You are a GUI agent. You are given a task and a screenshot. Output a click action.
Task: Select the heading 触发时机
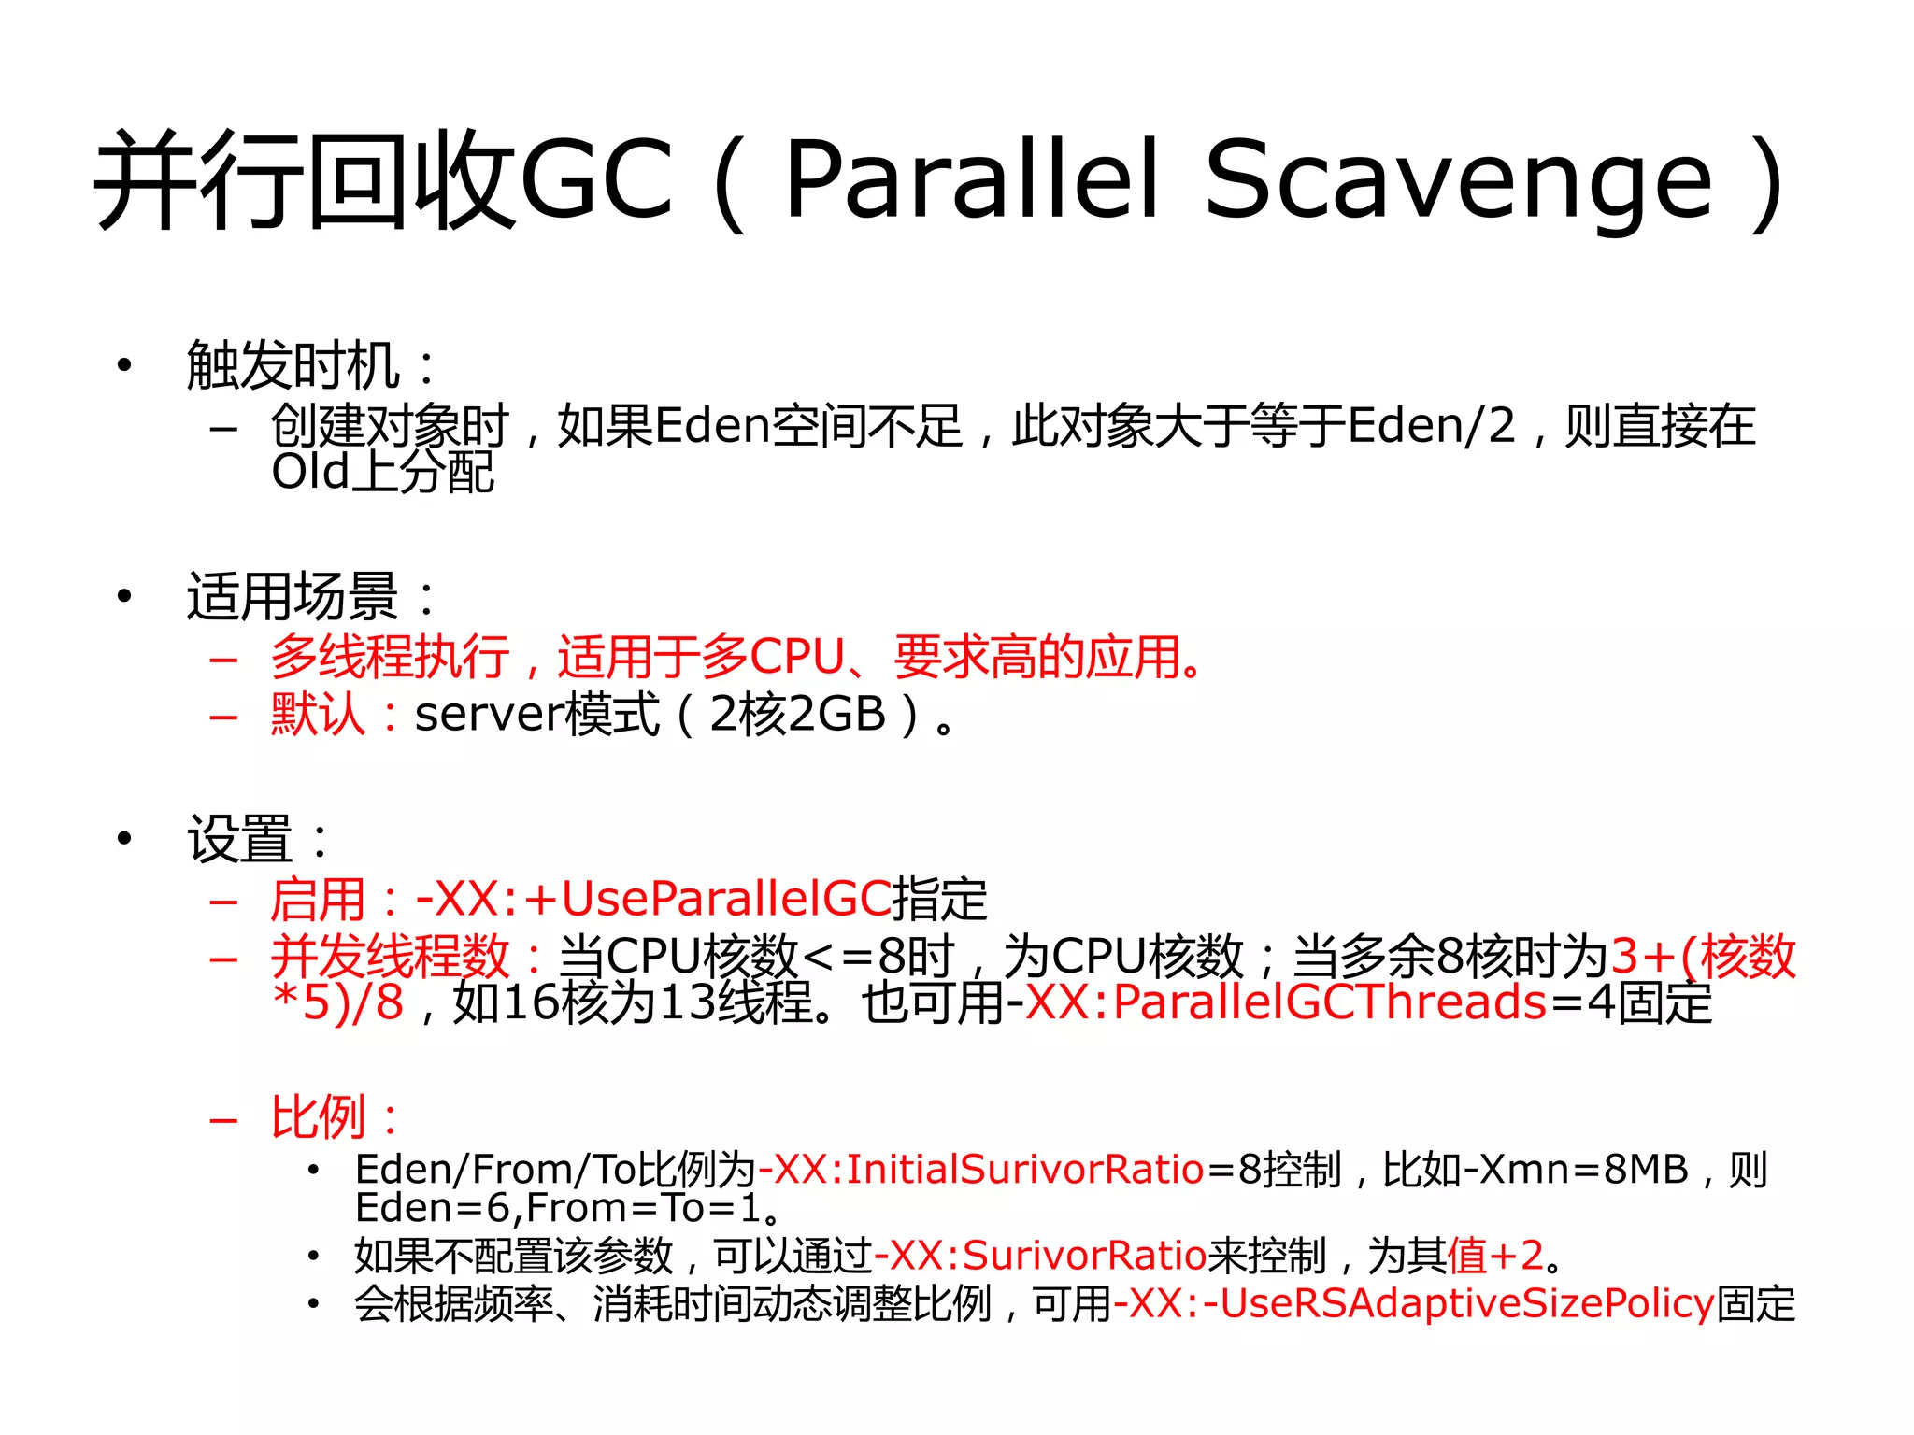293,365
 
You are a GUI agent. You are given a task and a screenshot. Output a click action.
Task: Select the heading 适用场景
293,597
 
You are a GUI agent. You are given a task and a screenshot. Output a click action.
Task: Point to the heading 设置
240,838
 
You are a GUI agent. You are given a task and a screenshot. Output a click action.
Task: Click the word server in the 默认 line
486,715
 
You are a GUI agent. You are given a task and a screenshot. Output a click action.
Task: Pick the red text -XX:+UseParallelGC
653,899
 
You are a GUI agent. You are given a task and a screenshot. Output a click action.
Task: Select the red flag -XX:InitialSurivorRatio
981,1170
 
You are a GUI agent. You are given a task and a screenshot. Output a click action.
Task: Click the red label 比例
318,1116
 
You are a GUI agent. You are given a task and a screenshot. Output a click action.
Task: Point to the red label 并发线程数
389,956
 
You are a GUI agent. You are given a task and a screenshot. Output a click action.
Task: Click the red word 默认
318,715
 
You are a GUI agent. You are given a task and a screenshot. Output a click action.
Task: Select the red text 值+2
1495,1256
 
